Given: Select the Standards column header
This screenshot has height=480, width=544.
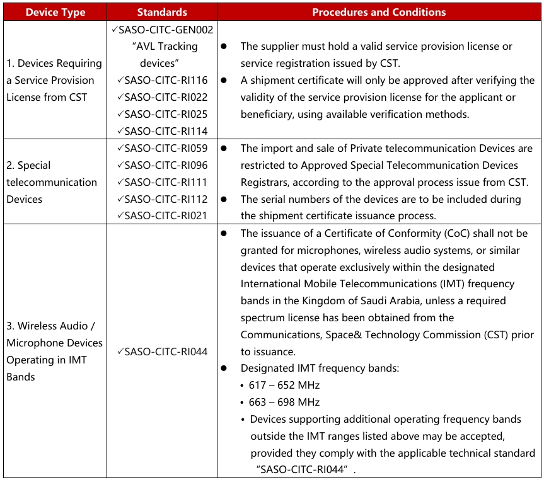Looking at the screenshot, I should [162, 12].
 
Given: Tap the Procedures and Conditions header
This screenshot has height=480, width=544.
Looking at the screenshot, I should [379, 12].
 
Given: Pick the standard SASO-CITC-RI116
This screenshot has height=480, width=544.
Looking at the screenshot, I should [166, 80].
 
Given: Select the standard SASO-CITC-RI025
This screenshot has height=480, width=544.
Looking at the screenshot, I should [166, 114].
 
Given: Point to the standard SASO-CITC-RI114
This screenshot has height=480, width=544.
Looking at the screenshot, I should [166, 131].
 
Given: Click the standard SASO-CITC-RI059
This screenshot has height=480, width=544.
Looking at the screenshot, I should [166, 148].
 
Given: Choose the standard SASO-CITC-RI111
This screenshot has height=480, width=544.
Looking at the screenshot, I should [166, 182].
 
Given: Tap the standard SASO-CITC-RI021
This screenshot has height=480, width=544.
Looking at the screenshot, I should [166, 215].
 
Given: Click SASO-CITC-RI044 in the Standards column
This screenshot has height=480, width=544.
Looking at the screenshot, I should [166, 351].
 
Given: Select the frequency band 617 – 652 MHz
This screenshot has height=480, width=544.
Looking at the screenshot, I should [284, 386].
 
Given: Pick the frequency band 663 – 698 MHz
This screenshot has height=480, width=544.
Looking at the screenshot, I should [284, 403].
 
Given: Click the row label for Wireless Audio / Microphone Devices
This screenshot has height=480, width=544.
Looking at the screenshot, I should [54, 351].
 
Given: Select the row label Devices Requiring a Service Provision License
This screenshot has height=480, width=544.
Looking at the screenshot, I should [54, 80].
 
